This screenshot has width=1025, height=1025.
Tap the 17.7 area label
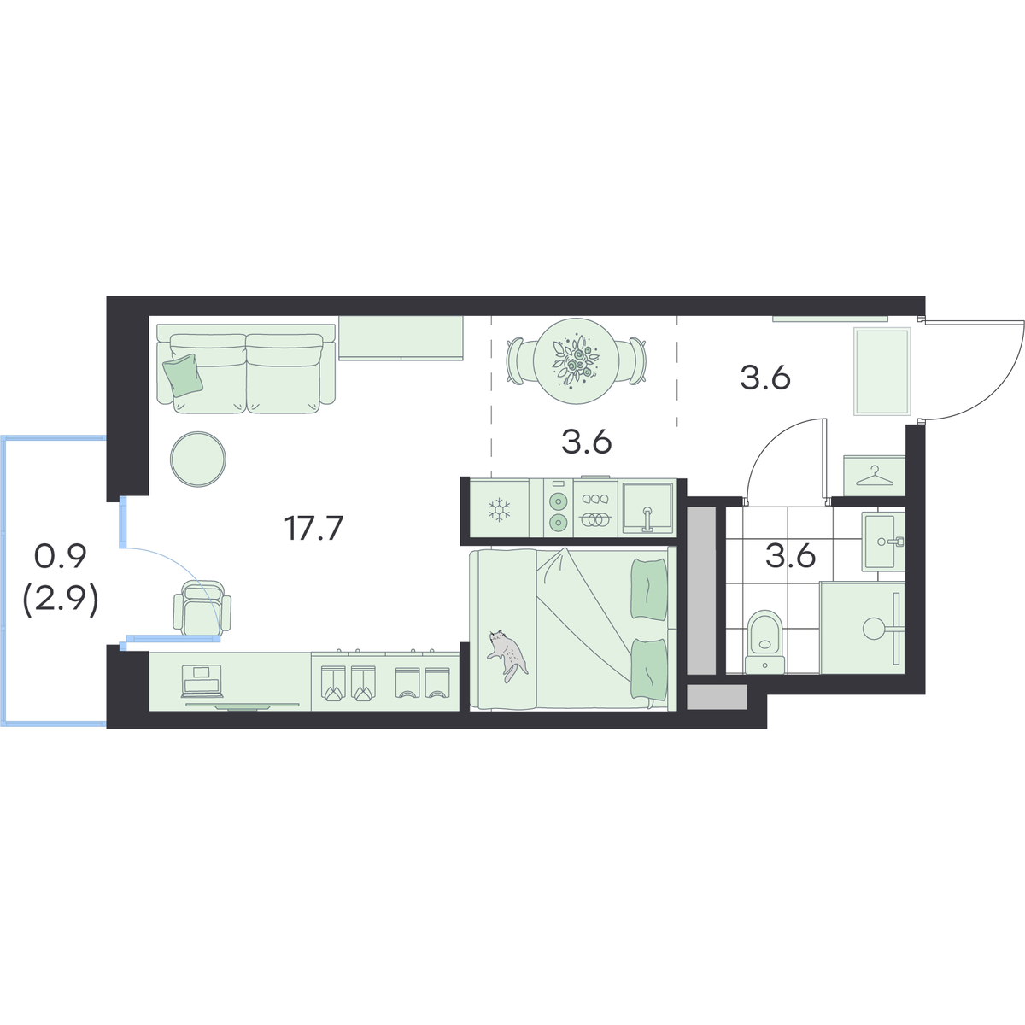[314, 528]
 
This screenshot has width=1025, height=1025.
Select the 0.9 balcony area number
[60, 557]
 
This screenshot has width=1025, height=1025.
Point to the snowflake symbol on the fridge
[500, 510]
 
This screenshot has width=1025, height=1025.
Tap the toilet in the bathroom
[764, 642]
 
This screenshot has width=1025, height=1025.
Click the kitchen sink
[647, 508]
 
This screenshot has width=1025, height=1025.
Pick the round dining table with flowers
[576, 361]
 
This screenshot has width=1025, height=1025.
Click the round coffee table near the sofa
[198, 459]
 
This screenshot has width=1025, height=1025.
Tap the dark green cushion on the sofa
[184, 375]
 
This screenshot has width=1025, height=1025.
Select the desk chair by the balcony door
[202, 607]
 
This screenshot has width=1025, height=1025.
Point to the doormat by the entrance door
[881, 371]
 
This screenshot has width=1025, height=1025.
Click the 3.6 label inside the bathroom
[790, 556]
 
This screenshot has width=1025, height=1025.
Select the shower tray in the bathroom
[862, 628]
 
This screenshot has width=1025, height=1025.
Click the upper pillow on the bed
[648, 589]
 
